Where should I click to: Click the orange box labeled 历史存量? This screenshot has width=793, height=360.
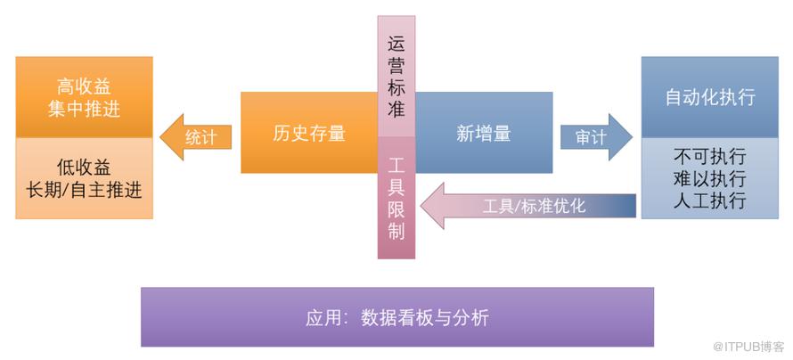pos(308,133)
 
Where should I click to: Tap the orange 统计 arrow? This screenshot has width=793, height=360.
pos(197,136)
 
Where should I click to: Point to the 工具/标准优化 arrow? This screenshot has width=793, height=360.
pos(529,206)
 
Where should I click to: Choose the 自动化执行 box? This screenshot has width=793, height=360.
pos(709,97)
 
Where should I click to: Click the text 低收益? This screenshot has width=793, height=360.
pos(84,168)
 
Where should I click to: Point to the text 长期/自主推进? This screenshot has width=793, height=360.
pos(84,190)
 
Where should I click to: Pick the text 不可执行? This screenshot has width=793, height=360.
pos(710,156)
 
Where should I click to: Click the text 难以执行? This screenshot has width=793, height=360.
pos(710,178)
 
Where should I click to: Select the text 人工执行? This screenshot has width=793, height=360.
pos(710,200)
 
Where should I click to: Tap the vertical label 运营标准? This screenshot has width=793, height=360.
pos(396,77)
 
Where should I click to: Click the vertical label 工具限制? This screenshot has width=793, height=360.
pos(396,197)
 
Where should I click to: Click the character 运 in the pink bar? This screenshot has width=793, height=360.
pos(396,43)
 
